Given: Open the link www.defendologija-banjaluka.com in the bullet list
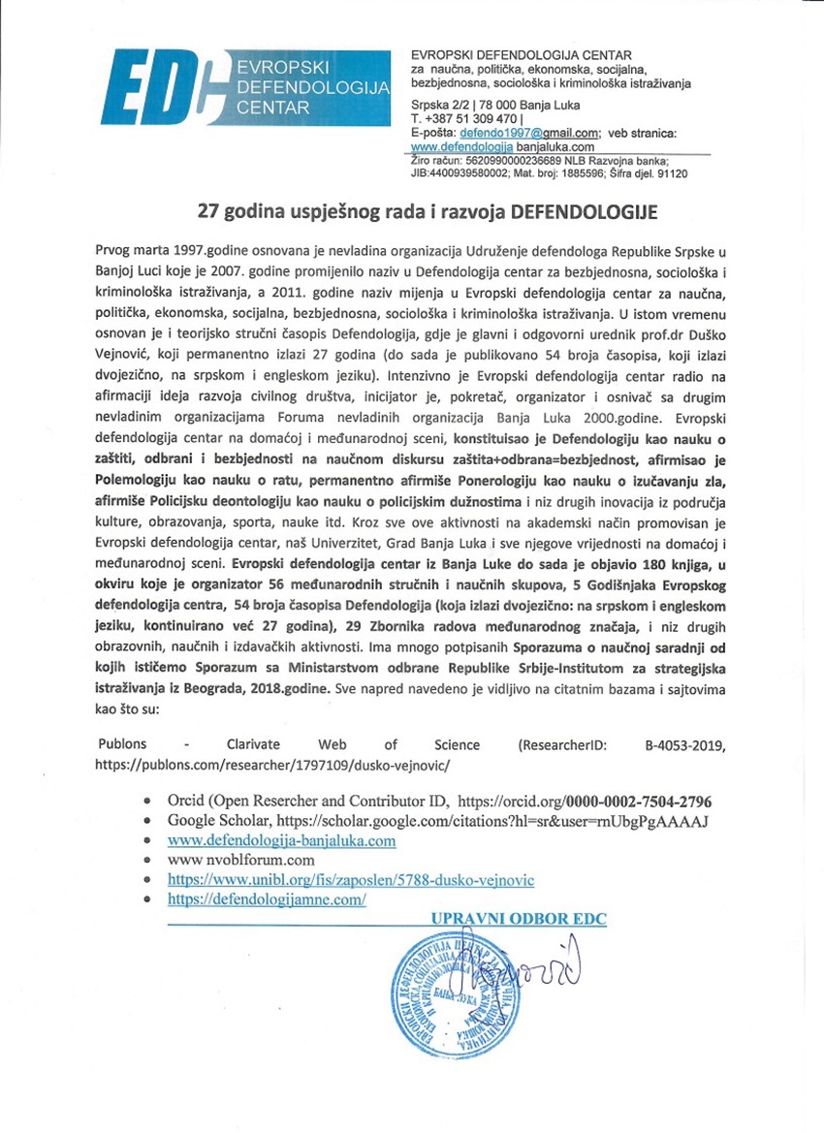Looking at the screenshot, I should click(282, 840).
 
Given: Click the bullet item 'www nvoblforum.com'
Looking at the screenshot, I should click(241, 860).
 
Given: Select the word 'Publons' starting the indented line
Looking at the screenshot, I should click(122, 744).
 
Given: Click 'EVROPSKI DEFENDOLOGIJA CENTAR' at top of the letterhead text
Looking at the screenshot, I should click(522, 55).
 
